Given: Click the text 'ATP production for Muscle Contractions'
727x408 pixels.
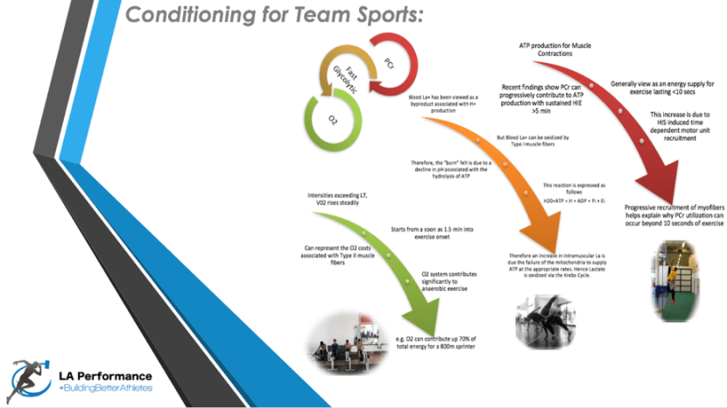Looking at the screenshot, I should pos(549,48).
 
